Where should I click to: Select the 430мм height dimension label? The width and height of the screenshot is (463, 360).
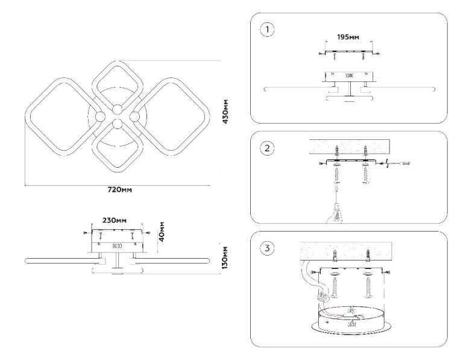224,112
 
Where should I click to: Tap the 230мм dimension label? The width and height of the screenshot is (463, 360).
114,221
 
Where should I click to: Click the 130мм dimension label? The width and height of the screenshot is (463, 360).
225,257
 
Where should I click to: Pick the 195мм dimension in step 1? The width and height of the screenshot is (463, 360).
348,37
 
